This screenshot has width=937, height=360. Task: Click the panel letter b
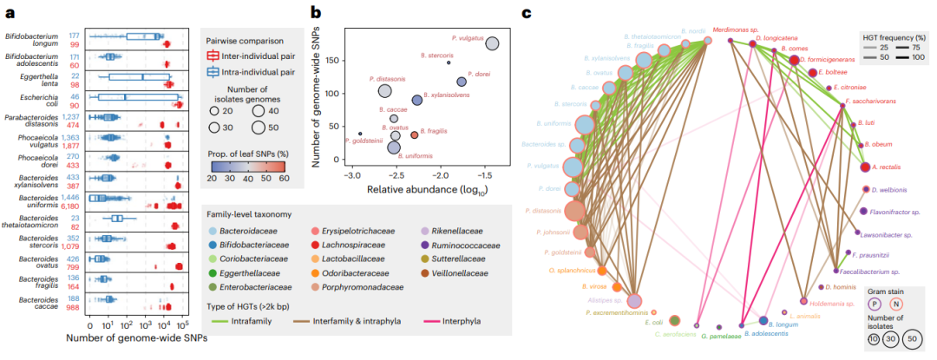317,12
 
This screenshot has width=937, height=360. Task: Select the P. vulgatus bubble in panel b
492,43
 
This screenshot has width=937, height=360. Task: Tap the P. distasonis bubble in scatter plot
385,90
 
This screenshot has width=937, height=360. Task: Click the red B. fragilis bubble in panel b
415,134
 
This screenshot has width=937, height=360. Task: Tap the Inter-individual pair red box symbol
213,56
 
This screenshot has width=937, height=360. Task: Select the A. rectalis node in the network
864,167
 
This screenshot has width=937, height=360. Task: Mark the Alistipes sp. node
636,300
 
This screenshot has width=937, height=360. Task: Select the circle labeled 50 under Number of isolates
910,339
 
